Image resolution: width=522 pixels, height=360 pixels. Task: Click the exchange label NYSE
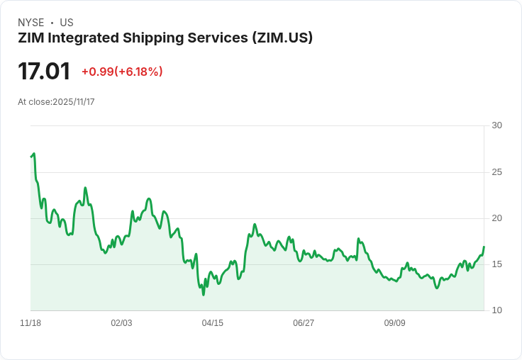(x=31, y=23)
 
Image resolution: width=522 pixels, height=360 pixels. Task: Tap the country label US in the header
(x=67, y=23)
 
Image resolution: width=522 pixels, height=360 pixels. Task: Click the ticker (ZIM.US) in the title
(x=282, y=38)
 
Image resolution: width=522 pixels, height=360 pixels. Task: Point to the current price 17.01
(x=44, y=72)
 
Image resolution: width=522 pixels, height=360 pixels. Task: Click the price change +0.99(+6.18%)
(x=122, y=72)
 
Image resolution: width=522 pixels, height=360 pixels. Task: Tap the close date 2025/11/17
(x=73, y=102)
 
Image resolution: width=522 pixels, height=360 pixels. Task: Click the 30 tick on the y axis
(x=496, y=125)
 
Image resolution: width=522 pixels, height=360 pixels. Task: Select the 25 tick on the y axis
(x=496, y=172)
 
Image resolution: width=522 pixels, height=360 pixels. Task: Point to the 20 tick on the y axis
(x=496, y=218)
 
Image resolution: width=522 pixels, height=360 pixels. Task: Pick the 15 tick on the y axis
(x=496, y=264)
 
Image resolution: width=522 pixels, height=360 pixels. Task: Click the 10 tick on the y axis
(x=496, y=310)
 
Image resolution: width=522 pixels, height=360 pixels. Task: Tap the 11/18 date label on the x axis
(x=30, y=323)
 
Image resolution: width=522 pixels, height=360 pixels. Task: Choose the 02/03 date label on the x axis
(x=121, y=323)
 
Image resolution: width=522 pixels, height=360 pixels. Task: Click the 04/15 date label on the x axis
(x=212, y=323)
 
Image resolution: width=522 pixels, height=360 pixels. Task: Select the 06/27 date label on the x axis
(x=304, y=323)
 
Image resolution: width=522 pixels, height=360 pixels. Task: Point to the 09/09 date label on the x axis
(x=394, y=323)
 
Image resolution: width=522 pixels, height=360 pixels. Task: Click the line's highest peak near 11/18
(x=33, y=154)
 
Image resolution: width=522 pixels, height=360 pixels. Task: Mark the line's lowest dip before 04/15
(x=204, y=294)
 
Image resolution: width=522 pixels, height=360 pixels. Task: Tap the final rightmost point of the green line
(x=484, y=247)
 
